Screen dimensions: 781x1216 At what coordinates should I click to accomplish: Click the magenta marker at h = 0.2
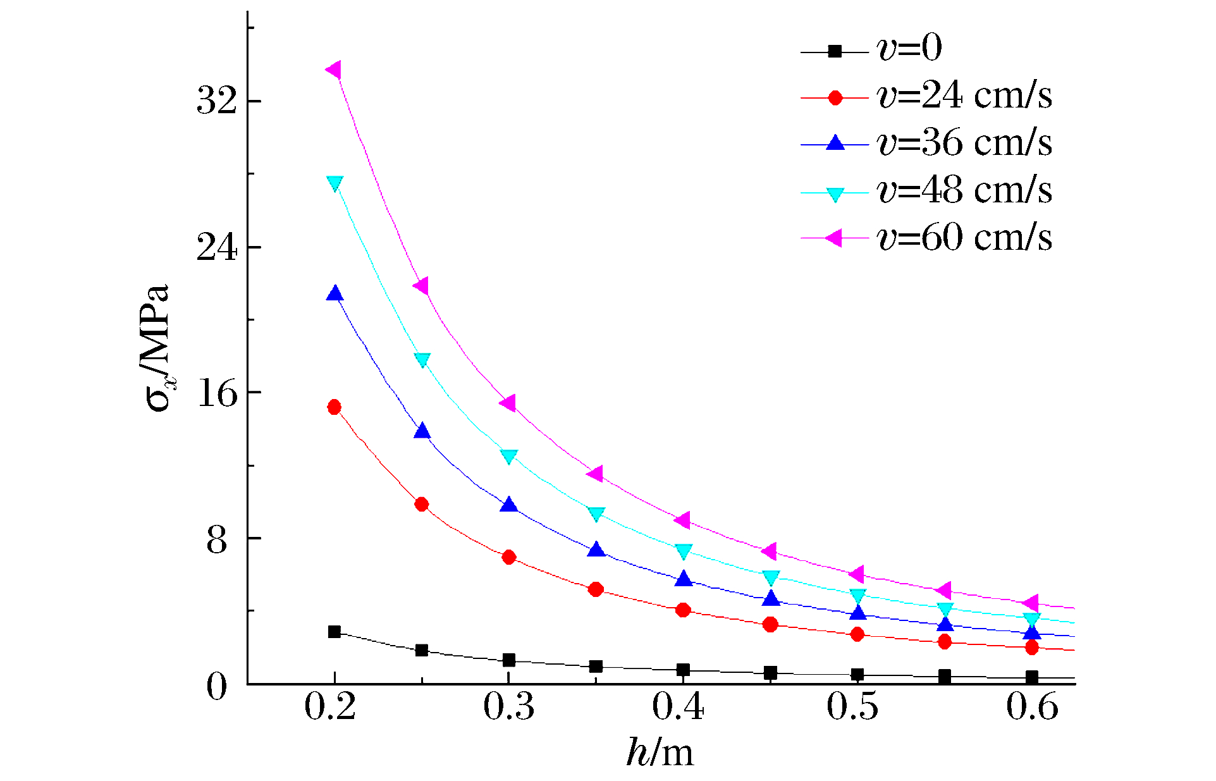(x=334, y=70)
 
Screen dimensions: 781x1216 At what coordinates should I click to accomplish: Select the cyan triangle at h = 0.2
(x=335, y=183)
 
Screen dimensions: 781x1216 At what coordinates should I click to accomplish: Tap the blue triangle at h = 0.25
(x=422, y=431)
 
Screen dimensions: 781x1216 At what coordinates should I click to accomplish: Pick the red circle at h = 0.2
(x=335, y=407)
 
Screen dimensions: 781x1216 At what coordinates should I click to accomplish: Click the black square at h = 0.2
(x=335, y=632)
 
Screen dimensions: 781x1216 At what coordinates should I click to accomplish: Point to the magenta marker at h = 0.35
(x=595, y=473)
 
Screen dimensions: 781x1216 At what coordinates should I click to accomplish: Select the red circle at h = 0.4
(x=683, y=610)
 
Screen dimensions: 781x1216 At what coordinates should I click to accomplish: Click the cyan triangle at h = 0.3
(x=509, y=456)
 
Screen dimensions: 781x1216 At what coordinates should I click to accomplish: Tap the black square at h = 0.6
(x=1032, y=677)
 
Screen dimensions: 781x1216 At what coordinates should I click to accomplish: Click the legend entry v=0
(x=909, y=49)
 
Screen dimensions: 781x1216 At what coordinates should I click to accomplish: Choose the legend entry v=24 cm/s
(x=964, y=96)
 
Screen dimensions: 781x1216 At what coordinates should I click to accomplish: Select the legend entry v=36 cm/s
(x=964, y=143)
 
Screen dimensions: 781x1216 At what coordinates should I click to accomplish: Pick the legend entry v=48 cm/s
(x=964, y=190)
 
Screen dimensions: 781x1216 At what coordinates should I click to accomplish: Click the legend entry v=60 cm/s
(x=964, y=238)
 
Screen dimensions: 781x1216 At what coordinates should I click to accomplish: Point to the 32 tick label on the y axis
(x=216, y=101)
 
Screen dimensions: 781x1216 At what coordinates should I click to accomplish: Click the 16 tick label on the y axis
(x=216, y=393)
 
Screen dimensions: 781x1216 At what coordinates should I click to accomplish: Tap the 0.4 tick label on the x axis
(x=678, y=707)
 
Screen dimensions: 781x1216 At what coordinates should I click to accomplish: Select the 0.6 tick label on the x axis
(x=1032, y=707)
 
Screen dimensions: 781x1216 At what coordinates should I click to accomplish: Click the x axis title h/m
(x=660, y=753)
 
